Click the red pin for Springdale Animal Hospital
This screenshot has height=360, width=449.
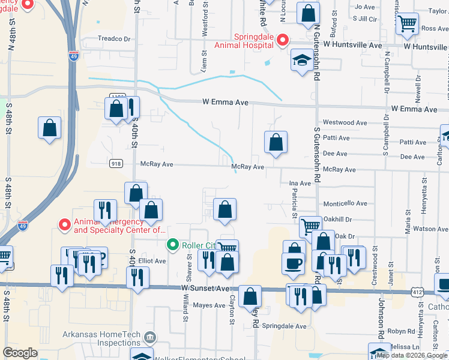pyautogui.click(x=282, y=40)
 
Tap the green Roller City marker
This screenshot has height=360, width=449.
pyautogui.click(x=173, y=244)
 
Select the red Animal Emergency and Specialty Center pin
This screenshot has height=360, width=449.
pyautogui.click(x=65, y=224)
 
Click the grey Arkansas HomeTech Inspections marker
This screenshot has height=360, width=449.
pyautogui.click(x=150, y=338)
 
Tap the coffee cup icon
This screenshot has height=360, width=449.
pyautogui.click(x=293, y=263)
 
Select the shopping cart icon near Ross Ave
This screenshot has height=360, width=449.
pyautogui.click(x=408, y=24)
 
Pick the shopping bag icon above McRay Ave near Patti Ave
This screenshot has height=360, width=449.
pyautogui.click(x=276, y=142)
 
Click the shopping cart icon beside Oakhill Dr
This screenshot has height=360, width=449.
pyautogui.click(x=310, y=226)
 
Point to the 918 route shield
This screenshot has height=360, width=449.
pyautogui.click(x=116, y=163)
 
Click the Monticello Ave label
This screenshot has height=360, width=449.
pyautogui.click(x=345, y=204)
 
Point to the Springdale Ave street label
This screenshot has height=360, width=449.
pyautogui.click(x=287, y=326)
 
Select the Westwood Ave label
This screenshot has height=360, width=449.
pyautogui.click(x=345, y=122)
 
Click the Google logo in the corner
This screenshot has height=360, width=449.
pyautogui.click(x=20, y=353)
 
